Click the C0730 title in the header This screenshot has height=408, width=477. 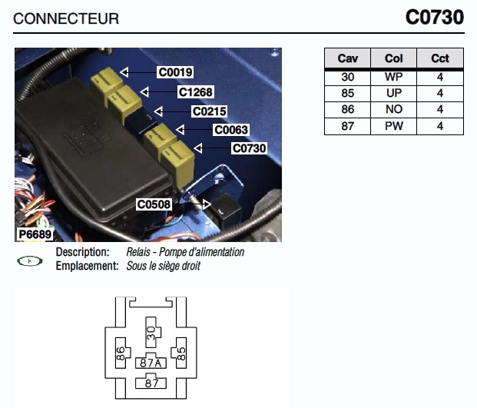[x=435, y=17]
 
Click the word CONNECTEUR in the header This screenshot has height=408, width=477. [x=66, y=18]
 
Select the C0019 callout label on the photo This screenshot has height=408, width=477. [x=174, y=72]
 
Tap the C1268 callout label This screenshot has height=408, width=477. [x=195, y=91]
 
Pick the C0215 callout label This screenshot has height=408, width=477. [x=208, y=111]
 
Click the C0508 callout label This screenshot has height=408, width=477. [x=154, y=204]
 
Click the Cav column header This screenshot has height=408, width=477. [x=348, y=59]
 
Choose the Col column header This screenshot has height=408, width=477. [x=393, y=59]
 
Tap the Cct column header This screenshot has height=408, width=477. [x=440, y=59]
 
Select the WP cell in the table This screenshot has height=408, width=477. [x=393, y=77]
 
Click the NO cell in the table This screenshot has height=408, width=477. [x=393, y=110]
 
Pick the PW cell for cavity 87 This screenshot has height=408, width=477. [x=393, y=126]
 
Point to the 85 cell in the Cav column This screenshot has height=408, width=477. [x=348, y=93]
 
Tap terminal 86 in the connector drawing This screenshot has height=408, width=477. [x=121, y=353]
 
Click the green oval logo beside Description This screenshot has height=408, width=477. [x=30, y=261]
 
